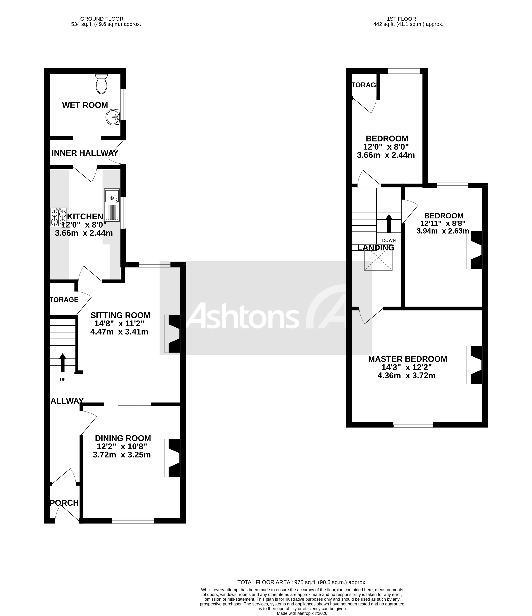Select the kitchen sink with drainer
click(x=112, y=205)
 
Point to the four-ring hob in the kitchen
click(x=58, y=217)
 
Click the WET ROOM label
click(x=85, y=105)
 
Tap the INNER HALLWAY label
click(x=85, y=153)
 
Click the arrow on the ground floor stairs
click(x=62, y=362)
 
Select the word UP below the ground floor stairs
click(x=62, y=380)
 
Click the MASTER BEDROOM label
click(x=407, y=359)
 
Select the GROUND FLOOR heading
click(x=102, y=19)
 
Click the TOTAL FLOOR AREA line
click(x=302, y=582)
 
